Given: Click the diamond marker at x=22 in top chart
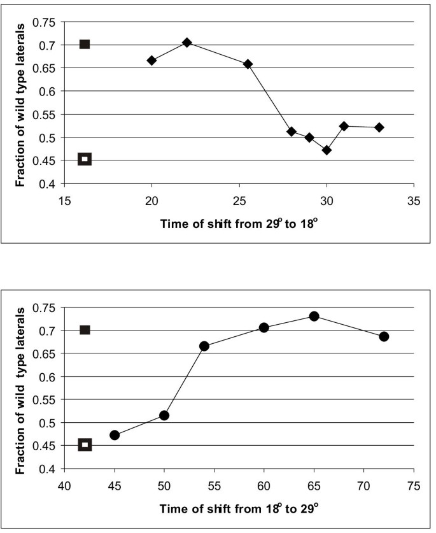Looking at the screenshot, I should coord(186,43).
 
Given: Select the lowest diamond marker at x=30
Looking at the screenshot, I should coord(327,150).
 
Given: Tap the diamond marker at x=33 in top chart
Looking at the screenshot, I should coord(379,127).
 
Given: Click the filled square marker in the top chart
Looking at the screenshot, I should coord(84,45).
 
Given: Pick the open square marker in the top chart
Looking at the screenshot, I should coord(84,159).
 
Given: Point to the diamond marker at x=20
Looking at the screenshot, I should coord(151,60).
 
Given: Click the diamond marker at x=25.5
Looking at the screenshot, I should coord(248,64).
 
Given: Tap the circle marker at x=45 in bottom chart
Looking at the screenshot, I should coord(115,435).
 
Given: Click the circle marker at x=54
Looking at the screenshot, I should coord(204,346).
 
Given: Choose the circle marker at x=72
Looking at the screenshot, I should coord(384,336).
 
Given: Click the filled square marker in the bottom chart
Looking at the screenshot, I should coord(85,330).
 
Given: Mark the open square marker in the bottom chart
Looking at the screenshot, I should coord(85,444).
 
